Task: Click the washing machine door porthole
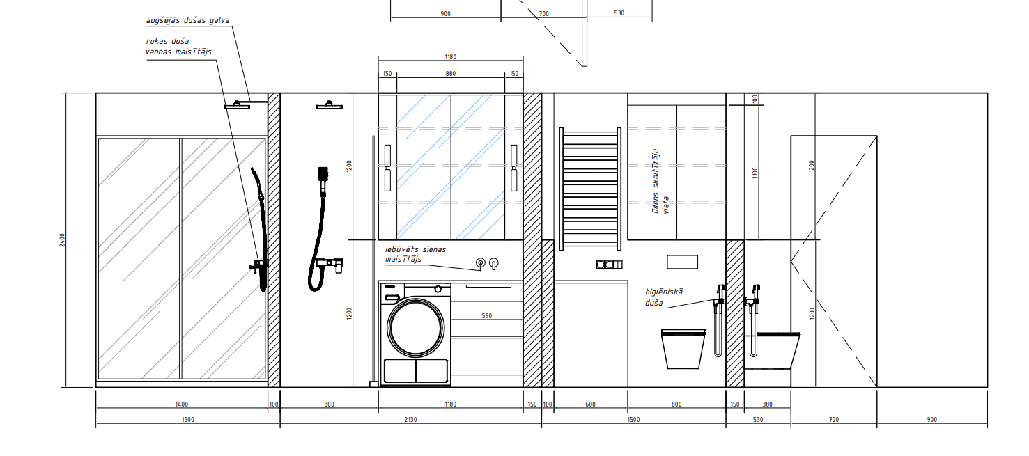[x=416, y=327]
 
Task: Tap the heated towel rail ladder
[x=590, y=189]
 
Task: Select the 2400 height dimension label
[x=62, y=240]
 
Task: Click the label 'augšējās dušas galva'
[x=187, y=20]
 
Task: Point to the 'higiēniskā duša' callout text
[x=664, y=297]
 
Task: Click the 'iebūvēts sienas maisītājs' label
[x=415, y=254]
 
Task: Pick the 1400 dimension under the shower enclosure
[x=181, y=404]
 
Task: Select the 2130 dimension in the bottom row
[x=410, y=419]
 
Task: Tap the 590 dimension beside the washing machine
[x=487, y=316]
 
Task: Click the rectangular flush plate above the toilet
[x=682, y=262]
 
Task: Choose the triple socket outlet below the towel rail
[x=609, y=264]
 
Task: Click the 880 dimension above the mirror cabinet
[x=451, y=74]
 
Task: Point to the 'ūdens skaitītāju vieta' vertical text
[x=660, y=181]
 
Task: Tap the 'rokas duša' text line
[x=167, y=41]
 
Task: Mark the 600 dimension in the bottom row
[x=590, y=404]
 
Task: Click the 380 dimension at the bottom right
[x=767, y=404]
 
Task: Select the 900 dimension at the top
[x=446, y=14]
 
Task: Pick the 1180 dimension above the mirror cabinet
[x=451, y=57]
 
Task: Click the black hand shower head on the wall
[x=323, y=174]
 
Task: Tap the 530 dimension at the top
[x=619, y=13]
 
